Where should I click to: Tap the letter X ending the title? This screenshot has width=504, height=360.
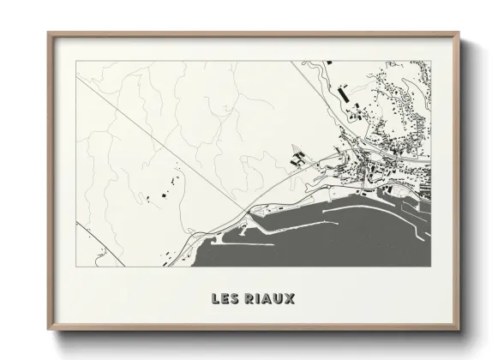[x=289, y=299]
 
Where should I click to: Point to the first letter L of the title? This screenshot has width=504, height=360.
[x=215, y=299]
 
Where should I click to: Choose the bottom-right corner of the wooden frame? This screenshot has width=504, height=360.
[x=460, y=330]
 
